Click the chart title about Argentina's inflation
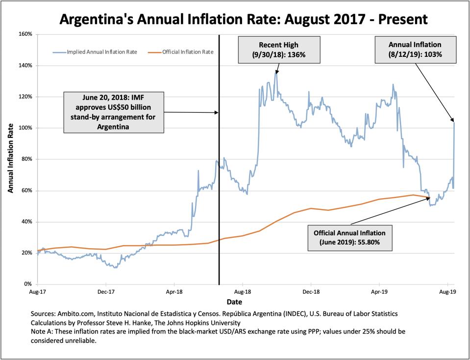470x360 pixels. (243, 19)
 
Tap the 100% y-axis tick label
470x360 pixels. (25, 128)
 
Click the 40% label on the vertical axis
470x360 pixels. (26, 222)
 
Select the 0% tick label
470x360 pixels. (28, 284)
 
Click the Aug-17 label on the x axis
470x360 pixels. (38, 291)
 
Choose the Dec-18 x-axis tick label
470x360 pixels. (311, 291)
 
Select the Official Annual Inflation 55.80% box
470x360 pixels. (349, 237)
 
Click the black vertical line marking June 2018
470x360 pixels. (219, 196)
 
